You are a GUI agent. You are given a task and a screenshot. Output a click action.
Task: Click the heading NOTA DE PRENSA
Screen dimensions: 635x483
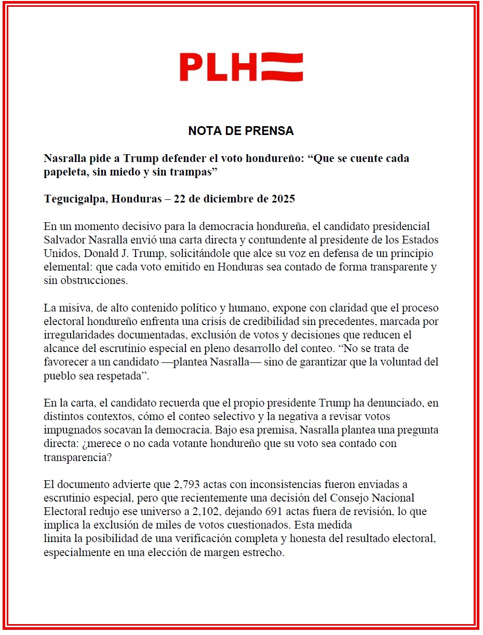pos(241,131)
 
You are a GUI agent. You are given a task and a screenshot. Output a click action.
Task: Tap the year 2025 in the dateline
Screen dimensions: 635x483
pos(283,199)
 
